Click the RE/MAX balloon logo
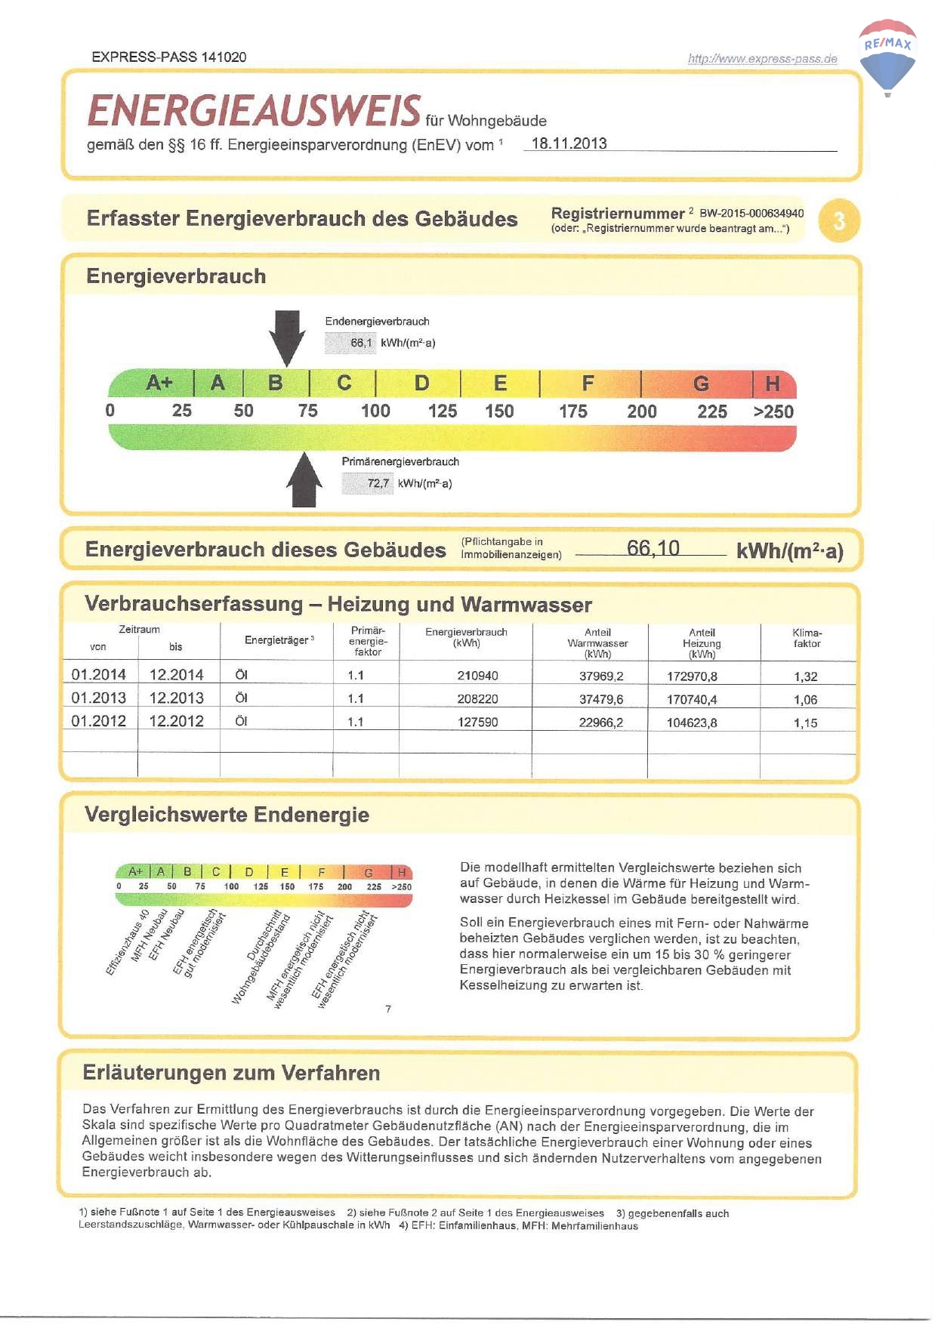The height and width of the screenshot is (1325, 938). [887, 57]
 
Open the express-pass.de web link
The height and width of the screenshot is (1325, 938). [762, 59]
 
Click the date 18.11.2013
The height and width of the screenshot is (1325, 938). [569, 143]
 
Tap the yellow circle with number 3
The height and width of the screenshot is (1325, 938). [839, 220]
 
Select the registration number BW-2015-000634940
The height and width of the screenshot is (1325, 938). [751, 214]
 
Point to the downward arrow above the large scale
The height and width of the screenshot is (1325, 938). [287, 337]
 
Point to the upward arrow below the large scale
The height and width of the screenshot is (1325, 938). [304, 480]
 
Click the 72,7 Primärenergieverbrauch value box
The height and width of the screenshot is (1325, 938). [368, 483]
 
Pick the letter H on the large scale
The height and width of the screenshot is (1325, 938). [772, 384]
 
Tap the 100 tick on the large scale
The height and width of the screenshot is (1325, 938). [375, 411]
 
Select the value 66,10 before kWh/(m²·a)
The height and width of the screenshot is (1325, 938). [653, 548]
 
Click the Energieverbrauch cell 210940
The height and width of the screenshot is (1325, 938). [477, 676]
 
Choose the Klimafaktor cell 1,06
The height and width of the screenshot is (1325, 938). [805, 700]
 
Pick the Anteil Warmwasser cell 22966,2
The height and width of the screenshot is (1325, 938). [601, 723]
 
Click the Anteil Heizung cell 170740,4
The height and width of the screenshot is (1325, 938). [692, 700]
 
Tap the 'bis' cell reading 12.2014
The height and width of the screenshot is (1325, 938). [177, 675]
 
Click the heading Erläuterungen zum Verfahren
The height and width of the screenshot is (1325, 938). [231, 1073]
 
